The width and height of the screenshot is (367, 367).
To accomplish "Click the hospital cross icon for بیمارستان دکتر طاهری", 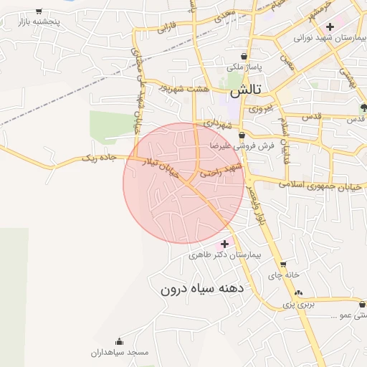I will (224, 244).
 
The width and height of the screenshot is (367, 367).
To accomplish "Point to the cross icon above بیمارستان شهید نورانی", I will (329, 26).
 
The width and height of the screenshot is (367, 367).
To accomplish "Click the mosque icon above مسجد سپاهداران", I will (119, 341).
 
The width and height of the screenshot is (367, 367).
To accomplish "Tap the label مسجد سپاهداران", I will (119, 353).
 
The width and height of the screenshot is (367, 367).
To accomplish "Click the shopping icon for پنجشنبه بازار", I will (39, 11).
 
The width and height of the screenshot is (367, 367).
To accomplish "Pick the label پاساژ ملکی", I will (246, 67).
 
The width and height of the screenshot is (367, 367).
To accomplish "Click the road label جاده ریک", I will (99, 157).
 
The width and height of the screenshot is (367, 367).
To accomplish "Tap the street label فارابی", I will (166, 29).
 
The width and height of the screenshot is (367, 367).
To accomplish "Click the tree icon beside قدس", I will (363, 108).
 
